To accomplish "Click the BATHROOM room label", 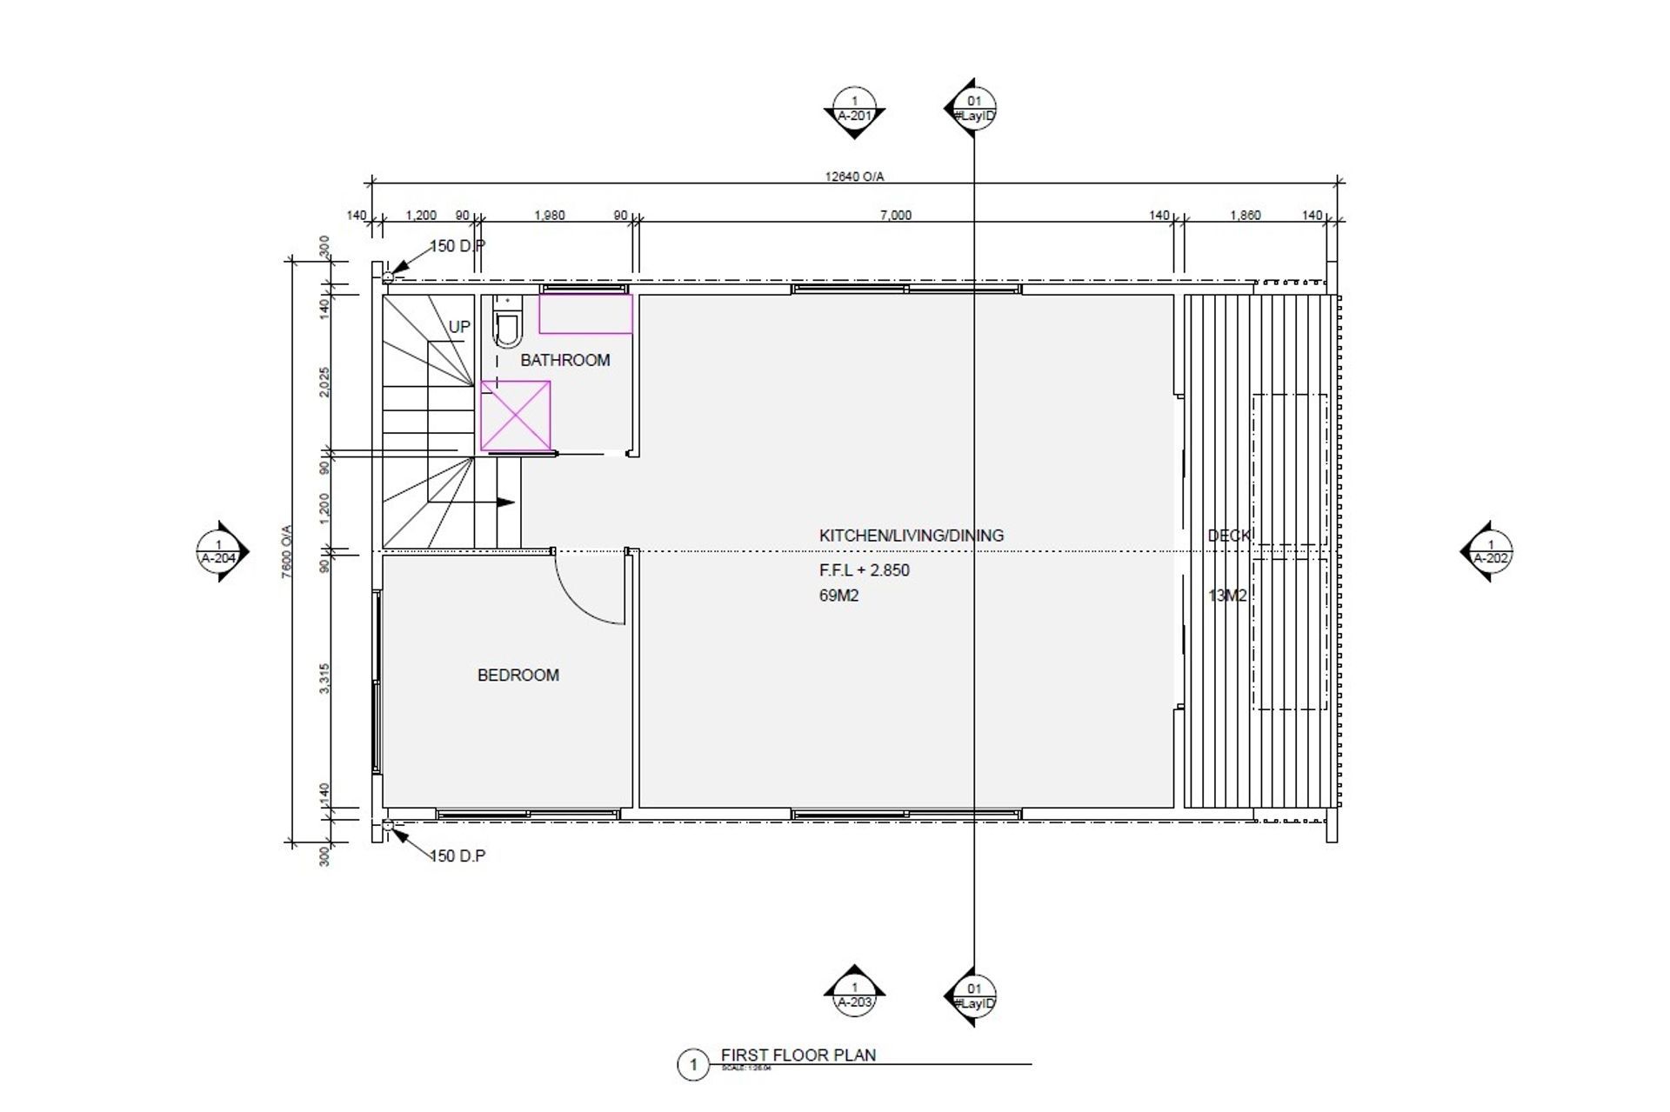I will click(565, 360).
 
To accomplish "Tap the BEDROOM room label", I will click(518, 675).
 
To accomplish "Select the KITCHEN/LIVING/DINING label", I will click(911, 536).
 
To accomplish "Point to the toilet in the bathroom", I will click(507, 326).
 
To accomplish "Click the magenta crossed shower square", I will click(516, 416).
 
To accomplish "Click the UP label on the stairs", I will click(459, 327).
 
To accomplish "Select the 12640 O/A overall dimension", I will click(854, 176).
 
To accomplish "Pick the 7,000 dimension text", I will click(895, 216).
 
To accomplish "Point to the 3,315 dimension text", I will click(324, 678).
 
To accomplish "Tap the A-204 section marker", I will click(219, 552).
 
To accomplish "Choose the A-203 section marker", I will click(854, 995).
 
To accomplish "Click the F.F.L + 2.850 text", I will click(864, 570).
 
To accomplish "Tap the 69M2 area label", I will click(838, 596).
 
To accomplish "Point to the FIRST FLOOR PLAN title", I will click(798, 1055).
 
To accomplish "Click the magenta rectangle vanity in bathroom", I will click(585, 314).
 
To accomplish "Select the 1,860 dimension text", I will click(1245, 216).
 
